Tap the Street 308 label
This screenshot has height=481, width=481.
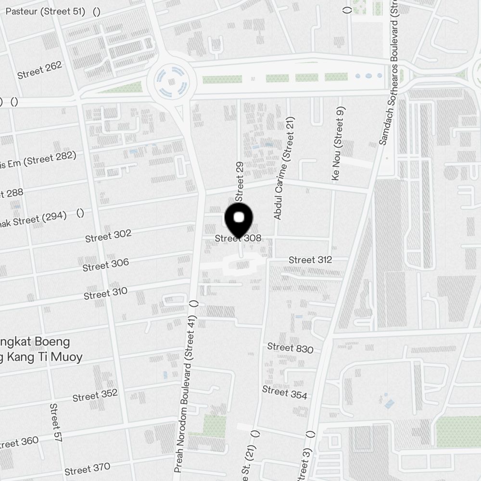238,238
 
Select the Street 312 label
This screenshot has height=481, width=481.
310,260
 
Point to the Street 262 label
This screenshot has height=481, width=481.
39,71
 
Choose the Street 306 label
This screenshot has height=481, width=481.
106,265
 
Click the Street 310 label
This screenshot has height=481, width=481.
106,293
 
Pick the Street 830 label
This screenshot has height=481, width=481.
290,348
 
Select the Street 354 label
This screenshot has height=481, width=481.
285,392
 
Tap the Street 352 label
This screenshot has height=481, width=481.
95,395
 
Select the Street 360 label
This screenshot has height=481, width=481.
19,443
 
